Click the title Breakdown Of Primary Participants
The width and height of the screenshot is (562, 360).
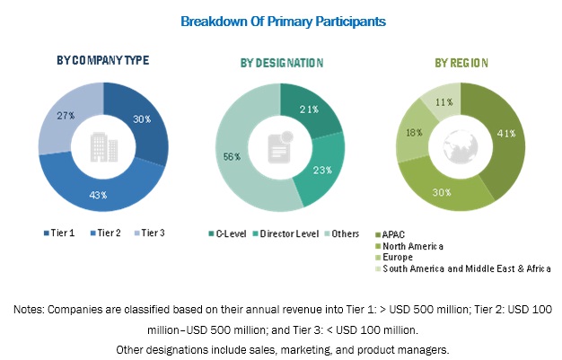pos(281,19)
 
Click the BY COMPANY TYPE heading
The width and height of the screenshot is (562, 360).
pos(102,60)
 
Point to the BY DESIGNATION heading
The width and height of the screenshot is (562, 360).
pos(281,63)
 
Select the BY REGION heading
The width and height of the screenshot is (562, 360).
pos(461,63)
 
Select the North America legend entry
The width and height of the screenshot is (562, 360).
pos(414,244)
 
